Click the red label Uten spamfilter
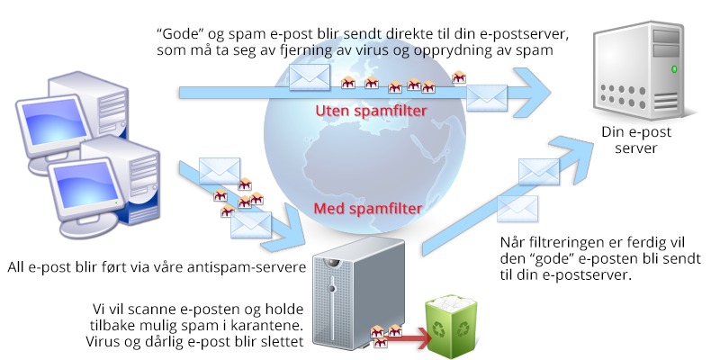(x=371, y=111)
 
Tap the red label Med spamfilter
(x=367, y=209)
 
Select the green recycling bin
(x=451, y=328)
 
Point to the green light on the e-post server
(x=674, y=69)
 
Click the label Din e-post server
(x=636, y=140)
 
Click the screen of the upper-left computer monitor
(x=51, y=120)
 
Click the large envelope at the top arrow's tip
(x=487, y=98)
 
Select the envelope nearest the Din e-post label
(x=538, y=171)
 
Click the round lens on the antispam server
(x=331, y=263)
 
